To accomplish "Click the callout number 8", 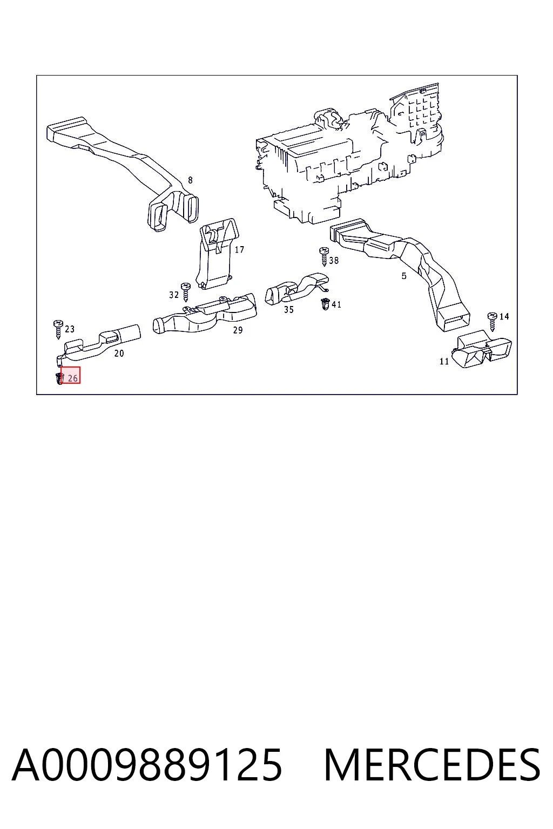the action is point(191,180).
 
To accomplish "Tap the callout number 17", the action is point(239,249).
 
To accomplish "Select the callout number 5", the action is point(404,276).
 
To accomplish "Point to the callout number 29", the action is point(238,330).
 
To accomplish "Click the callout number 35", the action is point(289,309).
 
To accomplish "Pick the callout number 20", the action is point(119,354).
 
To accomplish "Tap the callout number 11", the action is point(444,361).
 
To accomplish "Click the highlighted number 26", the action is point(72,378).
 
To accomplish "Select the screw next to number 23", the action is point(58,329).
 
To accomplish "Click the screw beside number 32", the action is point(185,292).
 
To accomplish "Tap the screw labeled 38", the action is point(324,256).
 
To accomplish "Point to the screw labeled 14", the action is point(493,322).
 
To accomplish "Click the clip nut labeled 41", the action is point(326,304).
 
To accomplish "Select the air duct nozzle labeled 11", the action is point(482,349).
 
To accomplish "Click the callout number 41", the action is point(336,304).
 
